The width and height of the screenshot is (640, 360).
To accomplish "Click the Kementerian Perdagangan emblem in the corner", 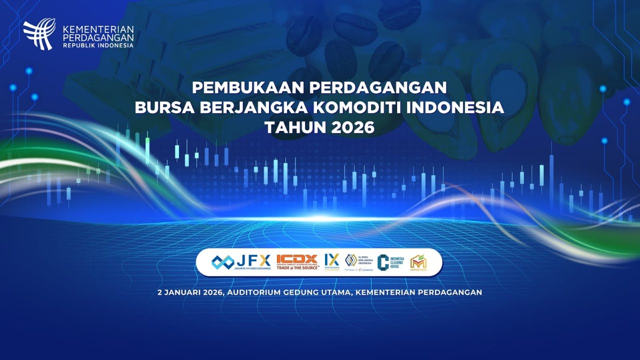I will (x=38, y=33).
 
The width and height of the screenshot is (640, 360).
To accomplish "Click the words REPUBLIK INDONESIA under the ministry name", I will (x=98, y=45).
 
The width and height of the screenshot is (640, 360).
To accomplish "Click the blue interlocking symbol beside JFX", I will (x=222, y=261).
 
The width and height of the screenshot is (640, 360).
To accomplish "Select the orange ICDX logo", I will (x=297, y=259).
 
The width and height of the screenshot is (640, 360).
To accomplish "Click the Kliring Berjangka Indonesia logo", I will (x=359, y=260).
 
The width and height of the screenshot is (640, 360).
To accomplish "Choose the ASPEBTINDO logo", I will (x=418, y=262).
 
